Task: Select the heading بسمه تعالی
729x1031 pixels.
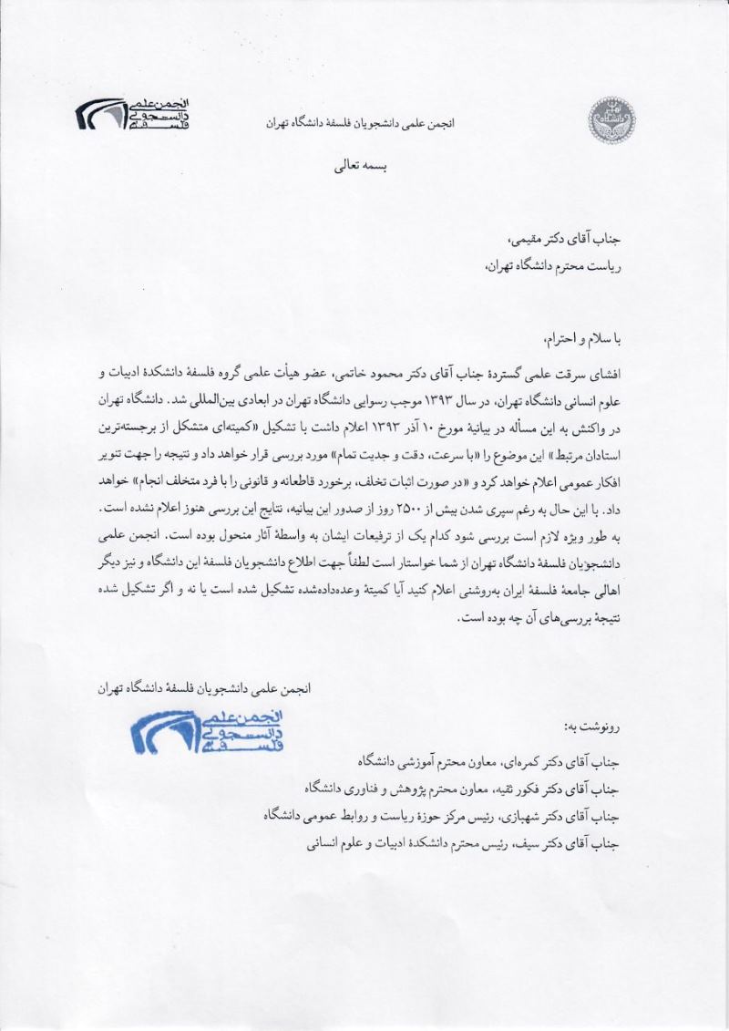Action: (x=363, y=169)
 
